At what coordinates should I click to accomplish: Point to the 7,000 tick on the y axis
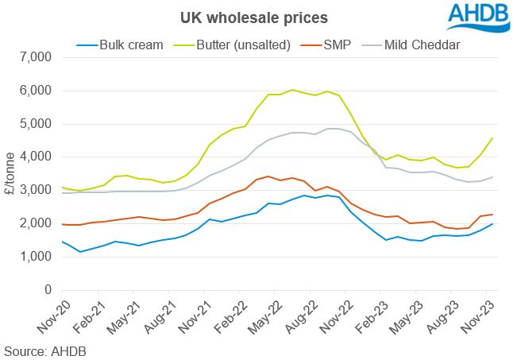coord(33,57)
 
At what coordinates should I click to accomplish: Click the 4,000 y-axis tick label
coord(33,157)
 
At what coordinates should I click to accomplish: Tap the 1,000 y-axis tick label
coord(33,257)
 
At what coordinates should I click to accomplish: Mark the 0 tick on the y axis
coord(46,290)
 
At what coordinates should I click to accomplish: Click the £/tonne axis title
coord(10,173)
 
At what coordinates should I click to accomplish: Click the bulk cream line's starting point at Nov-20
coord(63,242)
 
